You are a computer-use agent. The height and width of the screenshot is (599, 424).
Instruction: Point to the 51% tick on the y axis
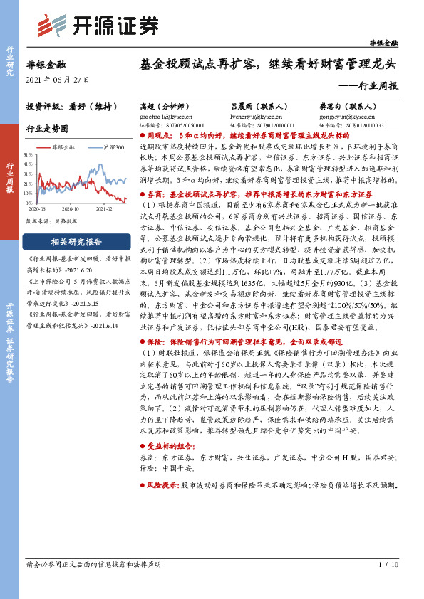tap(29, 154)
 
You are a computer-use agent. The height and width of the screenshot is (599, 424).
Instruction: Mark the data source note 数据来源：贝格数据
tap(52, 221)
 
